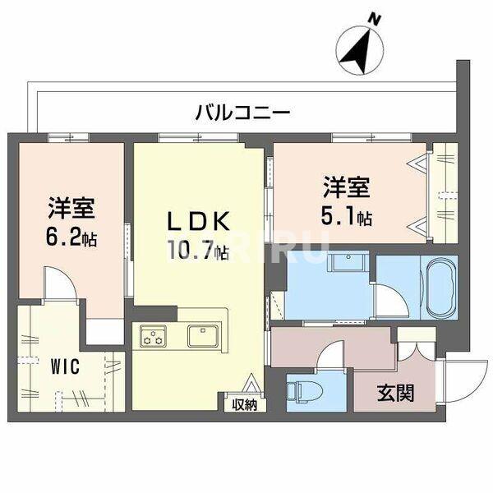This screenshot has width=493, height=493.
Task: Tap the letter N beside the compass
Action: pyautogui.click(x=375, y=18)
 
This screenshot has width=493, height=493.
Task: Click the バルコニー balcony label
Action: pyautogui.click(x=242, y=113)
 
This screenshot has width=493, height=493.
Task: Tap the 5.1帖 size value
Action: pyautogui.click(x=345, y=218)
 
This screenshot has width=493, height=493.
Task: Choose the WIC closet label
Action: pyautogui.click(x=62, y=366)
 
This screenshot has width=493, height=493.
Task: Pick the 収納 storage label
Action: pyautogui.click(x=244, y=403)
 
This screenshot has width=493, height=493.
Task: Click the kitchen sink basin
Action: pyautogui.click(x=202, y=335)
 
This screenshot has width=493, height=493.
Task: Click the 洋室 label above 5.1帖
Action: pyautogui.click(x=345, y=188)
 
